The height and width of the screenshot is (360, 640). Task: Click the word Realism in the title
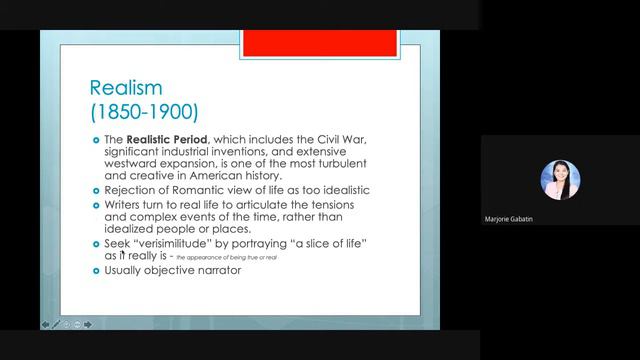tap(126, 88)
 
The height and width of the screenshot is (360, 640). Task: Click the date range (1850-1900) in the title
tap(144, 109)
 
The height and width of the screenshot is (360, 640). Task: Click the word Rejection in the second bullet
tap(133, 189)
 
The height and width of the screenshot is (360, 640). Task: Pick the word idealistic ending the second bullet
tap(340, 189)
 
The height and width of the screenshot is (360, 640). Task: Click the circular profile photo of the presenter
tap(559, 180)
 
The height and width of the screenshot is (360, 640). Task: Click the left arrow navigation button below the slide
tap(45, 324)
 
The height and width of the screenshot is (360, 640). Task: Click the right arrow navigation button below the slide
tap(88, 324)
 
